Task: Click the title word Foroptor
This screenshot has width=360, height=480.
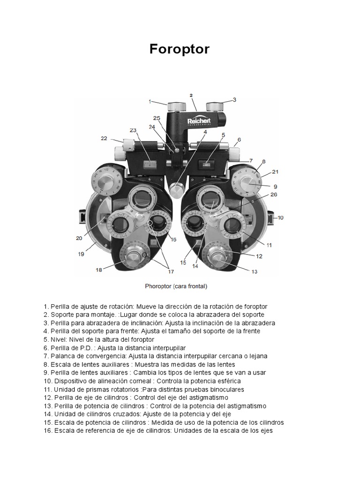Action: click(180, 50)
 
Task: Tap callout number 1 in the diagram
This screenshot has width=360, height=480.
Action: click(150, 101)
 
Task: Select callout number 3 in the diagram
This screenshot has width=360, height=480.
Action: click(234, 100)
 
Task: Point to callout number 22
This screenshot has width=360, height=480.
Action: click(104, 138)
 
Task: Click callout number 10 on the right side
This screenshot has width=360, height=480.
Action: click(280, 217)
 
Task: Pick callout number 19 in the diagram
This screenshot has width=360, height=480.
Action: click(81, 254)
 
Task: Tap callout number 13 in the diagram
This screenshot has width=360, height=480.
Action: click(255, 271)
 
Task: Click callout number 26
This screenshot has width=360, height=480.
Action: click(274, 194)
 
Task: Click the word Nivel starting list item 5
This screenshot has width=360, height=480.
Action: click(65, 339)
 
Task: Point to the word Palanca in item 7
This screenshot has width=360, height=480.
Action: click(63, 356)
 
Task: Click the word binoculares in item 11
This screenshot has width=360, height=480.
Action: click(227, 390)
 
